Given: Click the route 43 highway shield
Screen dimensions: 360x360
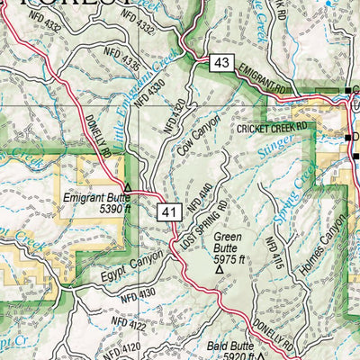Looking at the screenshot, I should (x=221, y=63).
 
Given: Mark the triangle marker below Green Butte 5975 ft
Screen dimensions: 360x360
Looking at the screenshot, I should (x=220, y=267).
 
